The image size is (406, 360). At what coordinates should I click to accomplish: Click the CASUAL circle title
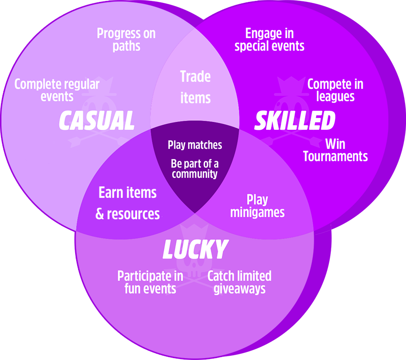click(97, 121)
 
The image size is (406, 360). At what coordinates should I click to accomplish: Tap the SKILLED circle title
click(295, 121)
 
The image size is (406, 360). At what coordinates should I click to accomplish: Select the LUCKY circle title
click(195, 250)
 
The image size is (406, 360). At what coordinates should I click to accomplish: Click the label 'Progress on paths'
click(126, 40)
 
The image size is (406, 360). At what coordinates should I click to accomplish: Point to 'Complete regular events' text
click(57, 90)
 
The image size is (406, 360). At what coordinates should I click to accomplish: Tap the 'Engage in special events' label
click(269, 40)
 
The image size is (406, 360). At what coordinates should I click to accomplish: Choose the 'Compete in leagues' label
click(335, 90)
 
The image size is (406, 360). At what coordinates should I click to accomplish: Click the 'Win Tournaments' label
click(335, 150)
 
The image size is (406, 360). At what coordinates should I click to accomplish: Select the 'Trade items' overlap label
click(195, 87)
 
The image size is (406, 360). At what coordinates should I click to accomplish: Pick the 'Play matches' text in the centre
click(195, 145)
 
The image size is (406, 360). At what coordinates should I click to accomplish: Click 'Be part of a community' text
click(195, 169)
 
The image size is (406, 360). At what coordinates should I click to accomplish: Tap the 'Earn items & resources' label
click(128, 203)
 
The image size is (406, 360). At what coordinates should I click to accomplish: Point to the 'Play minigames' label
click(257, 205)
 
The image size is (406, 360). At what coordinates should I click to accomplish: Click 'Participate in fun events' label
click(150, 282)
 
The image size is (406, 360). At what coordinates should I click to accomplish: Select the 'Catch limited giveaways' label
click(239, 282)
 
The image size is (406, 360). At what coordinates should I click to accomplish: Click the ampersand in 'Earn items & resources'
click(99, 214)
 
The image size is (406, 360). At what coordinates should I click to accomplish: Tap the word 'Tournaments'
click(335, 156)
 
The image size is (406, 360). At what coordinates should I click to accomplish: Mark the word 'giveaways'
click(239, 289)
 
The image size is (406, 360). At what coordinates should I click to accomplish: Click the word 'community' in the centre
click(195, 174)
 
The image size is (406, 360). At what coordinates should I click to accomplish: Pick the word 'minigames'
click(257, 212)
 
